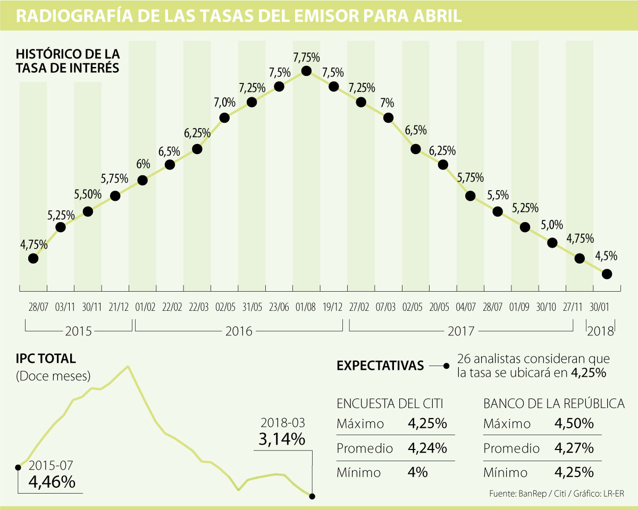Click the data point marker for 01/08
tap(306, 71)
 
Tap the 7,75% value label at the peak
tap(306, 56)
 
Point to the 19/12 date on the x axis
tap(334, 308)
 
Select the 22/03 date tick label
tap(197, 308)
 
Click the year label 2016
tap(239, 332)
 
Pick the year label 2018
tap(601, 332)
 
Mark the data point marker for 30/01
tap(607, 274)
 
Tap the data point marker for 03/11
tap(61, 227)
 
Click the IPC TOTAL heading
tap(46, 359)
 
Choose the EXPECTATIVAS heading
tap(380, 366)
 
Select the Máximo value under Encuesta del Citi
tap(427, 424)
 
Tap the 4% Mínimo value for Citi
tap(418, 472)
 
